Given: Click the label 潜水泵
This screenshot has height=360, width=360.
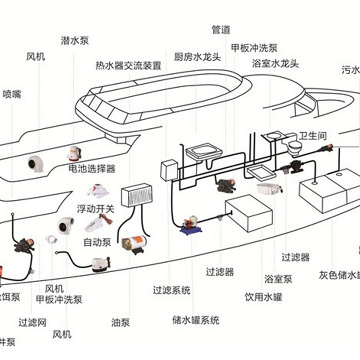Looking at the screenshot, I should pyautogui.click(x=75, y=40).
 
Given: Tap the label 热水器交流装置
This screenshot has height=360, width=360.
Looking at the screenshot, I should pyautogui.click(x=128, y=66).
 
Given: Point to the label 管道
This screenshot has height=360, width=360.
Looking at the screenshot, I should pyautogui.click(x=221, y=30).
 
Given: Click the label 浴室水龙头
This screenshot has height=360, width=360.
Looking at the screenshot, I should pyautogui.click(x=275, y=63).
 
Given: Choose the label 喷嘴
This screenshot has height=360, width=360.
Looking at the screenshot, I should pyautogui.click(x=12, y=94).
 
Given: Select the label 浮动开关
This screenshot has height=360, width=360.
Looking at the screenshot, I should pyautogui.click(x=96, y=209).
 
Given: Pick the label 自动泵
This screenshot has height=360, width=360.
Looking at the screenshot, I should pyautogui.click(x=97, y=242).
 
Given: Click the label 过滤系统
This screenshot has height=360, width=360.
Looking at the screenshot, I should pyautogui.click(x=171, y=290).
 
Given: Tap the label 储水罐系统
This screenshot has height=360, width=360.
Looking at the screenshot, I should pyautogui.click(x=196, y=320).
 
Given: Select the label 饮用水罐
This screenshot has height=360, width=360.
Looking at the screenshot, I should pyautogui.click(x=263, y=297).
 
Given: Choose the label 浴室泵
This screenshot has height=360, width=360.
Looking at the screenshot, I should pyautogui.click(x=278, y=279).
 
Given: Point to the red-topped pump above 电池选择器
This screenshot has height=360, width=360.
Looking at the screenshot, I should pyautogui.click(x=73, y=153).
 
